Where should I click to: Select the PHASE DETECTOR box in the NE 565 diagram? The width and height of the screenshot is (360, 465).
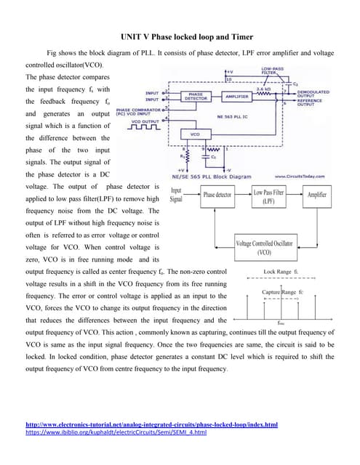point(196,96)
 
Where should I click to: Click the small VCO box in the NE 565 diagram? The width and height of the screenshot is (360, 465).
point(195,134)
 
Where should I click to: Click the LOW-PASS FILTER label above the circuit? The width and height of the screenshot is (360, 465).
point(273,71)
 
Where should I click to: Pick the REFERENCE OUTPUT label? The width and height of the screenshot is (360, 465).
point(311,103)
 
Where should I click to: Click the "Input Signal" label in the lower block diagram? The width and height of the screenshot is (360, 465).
point(177,194)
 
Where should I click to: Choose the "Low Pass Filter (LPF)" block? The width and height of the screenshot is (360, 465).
point(268,195)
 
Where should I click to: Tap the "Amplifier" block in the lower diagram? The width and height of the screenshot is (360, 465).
point(317,195)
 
